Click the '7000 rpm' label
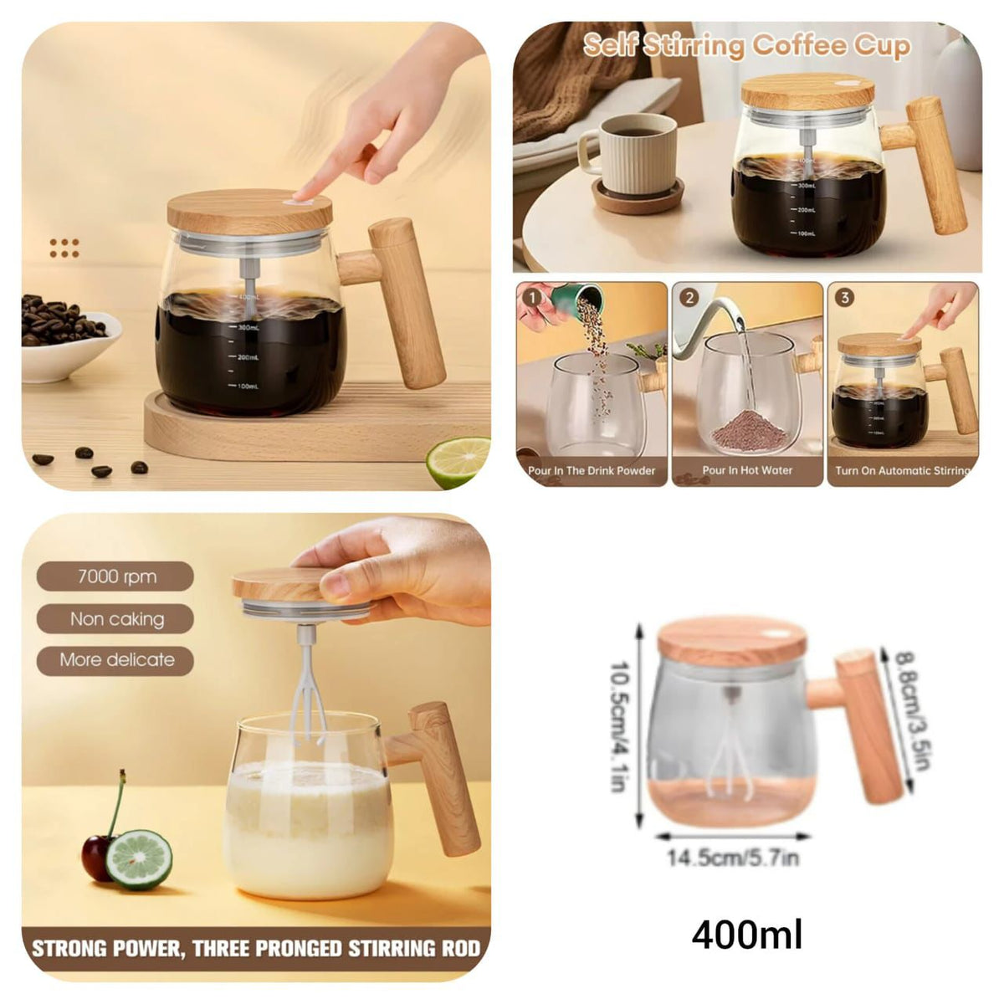tap(115, 576)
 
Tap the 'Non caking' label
tap(116, 619)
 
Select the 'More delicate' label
tap(116, 660)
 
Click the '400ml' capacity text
tap(746, 934)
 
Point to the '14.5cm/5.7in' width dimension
tap(733, 858)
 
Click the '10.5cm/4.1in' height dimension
tap(618, 726)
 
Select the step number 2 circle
tap(689, 297)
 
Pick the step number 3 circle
tap(845, 297)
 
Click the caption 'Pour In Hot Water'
tap(747, 470)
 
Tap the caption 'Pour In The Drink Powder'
tap(592, 470)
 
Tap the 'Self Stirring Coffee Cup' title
tap(746, 45)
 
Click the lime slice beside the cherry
tap(139, 858)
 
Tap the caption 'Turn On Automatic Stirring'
tap(903, 470)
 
